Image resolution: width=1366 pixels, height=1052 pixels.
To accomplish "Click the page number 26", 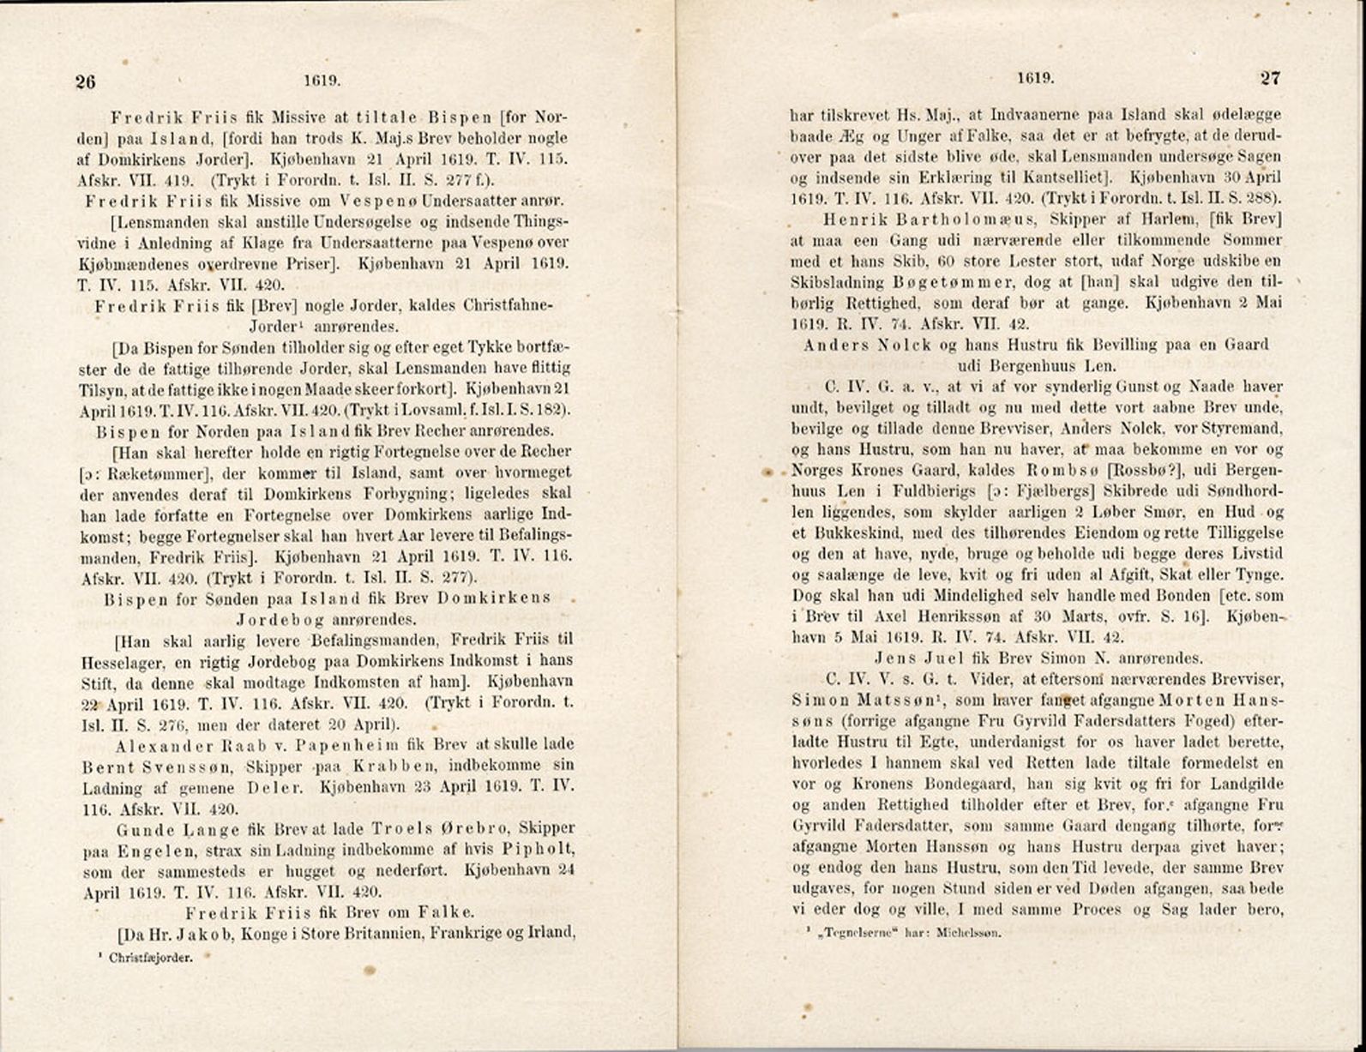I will [85, 81].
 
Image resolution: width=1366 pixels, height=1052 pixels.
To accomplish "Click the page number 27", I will [1270, 78].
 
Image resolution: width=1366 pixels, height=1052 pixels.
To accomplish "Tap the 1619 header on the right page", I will [1035, 78].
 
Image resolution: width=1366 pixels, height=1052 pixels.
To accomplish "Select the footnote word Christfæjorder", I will [151, 958].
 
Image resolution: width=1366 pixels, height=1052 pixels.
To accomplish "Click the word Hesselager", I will [121, 661].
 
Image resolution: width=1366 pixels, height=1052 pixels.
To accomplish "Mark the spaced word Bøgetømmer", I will [953, 283].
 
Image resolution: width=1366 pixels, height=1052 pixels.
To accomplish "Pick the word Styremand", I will [1243, 429].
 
